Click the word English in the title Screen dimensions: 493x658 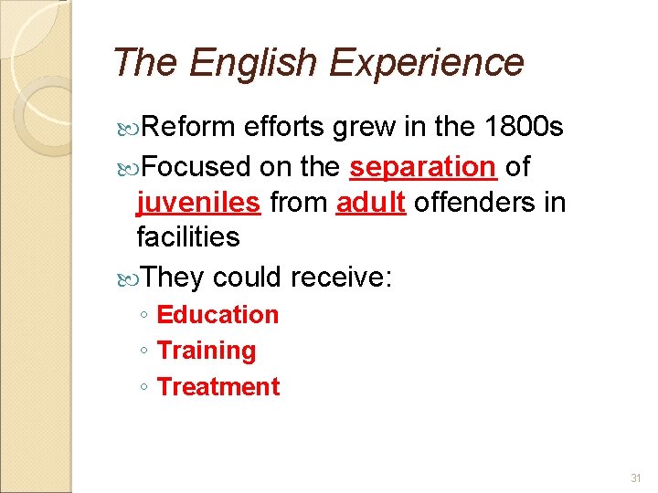(254, 63)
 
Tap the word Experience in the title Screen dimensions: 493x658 (426, 63)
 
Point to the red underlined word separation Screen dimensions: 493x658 (422, 167)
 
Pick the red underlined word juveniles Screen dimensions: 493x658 (199, 202)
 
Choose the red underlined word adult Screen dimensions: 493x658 (370, 202)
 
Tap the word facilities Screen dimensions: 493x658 (187, 237)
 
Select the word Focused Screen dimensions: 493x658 (196, 167)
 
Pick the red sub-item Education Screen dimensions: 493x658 (218, 315)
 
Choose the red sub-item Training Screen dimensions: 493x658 (207, 351)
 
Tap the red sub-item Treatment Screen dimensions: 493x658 (218, 387)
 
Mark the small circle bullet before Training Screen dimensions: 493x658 (143, 351)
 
